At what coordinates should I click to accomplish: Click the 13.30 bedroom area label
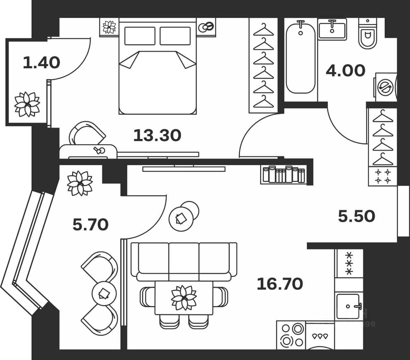[x=157, y=135]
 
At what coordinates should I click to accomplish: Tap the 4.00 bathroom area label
[x=345, y=71]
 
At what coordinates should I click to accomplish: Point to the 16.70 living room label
[x=280, y=284]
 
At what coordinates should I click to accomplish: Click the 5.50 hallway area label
[x=357, y=216]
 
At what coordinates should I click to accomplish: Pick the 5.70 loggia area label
[x=91, y=224]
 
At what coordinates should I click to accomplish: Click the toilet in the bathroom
[x=368, y=33]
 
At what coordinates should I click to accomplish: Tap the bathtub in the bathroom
[x=300, y=58]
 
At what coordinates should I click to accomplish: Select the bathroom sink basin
[x=332, y=29]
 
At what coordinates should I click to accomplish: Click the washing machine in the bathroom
[x=385, y=87]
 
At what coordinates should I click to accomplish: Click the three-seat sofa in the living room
[x=184, y=261]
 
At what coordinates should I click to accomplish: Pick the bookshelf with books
[x=283, y=174]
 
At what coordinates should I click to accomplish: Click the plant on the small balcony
[x=27, y=104]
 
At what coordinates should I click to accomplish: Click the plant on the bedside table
[x=109, y=27]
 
